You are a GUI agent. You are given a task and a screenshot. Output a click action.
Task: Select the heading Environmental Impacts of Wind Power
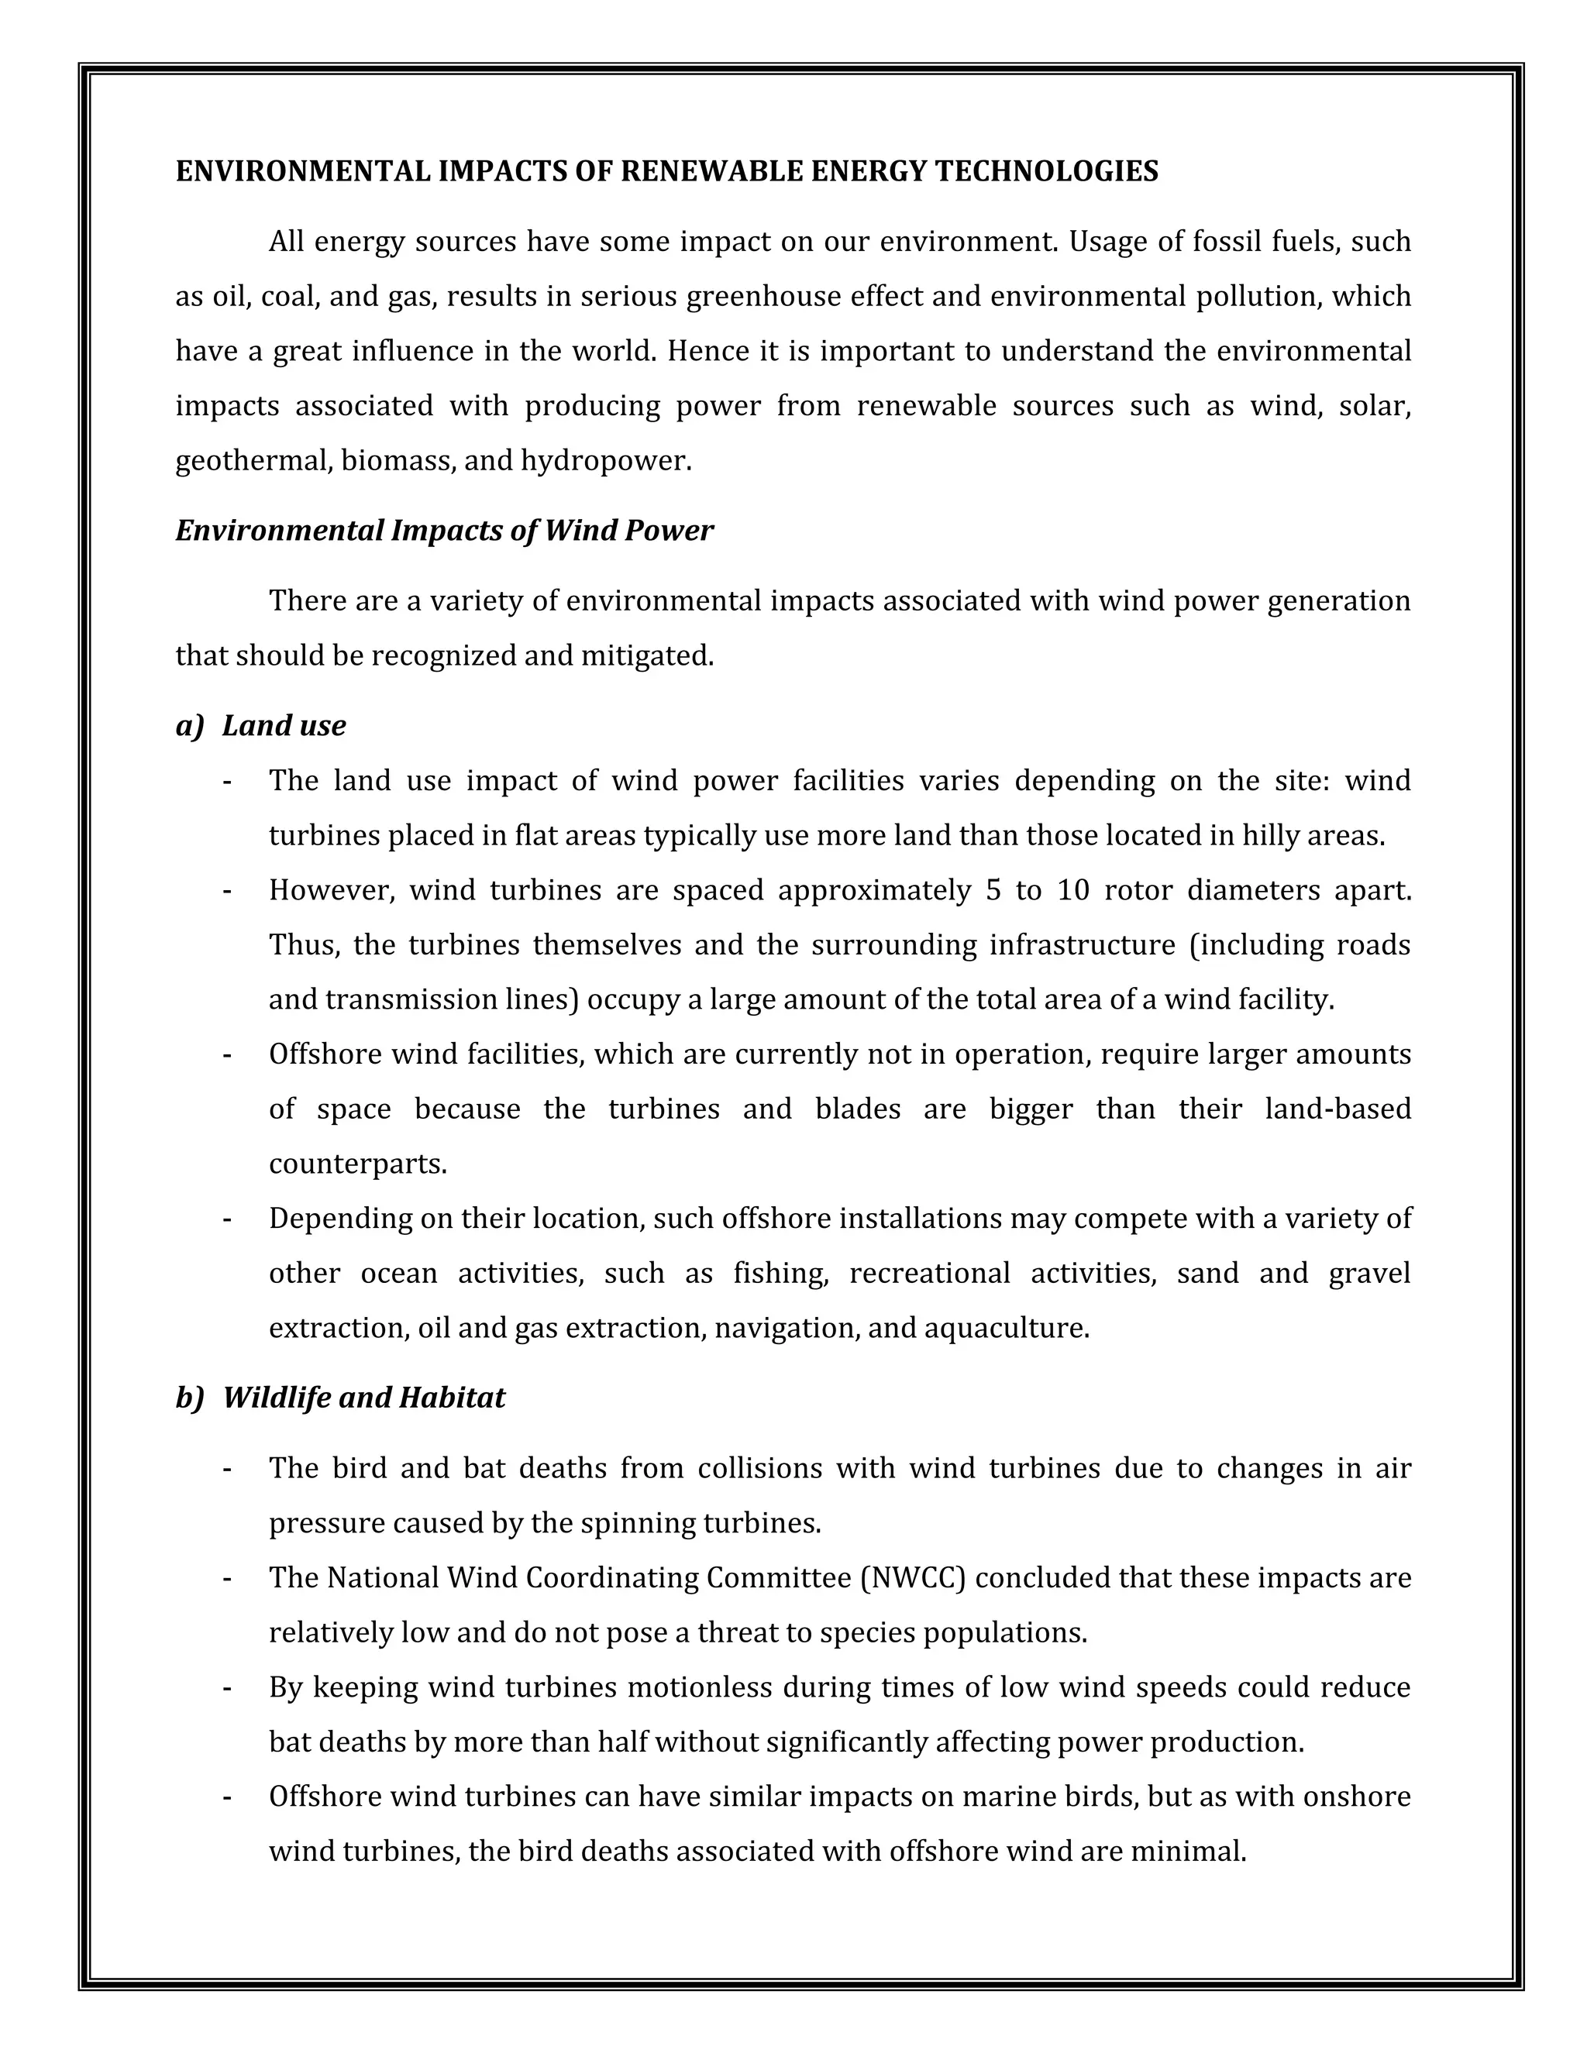[444, 531]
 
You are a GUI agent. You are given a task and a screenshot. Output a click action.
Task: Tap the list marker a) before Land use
[189, 726]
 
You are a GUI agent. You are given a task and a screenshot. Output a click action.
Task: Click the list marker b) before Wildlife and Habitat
[189, 1398]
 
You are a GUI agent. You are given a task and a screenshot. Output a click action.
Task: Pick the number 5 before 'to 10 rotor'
[993, 889]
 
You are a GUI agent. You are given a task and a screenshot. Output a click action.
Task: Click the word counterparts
[356, 1164]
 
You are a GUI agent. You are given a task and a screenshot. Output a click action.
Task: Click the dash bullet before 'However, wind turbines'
[228, 890]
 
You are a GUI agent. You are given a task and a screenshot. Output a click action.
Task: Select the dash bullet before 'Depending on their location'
[228, 1219]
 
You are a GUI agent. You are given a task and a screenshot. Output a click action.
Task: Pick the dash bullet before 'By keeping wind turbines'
[228, 1688]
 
